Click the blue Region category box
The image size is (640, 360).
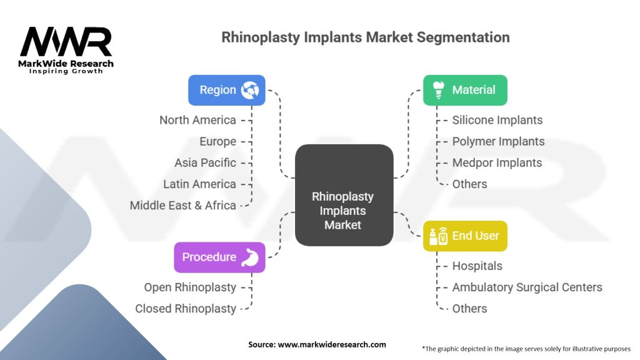point(226,90)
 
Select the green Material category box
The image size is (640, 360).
point(465,90)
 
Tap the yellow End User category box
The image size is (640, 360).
point(465,236)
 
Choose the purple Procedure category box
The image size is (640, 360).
point(219,257)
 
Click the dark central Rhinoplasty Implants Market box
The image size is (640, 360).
point(344,195)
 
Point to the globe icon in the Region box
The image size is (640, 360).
point(250,90)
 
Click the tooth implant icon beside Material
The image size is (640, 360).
point(438,90)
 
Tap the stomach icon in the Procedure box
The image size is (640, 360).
point(250,257)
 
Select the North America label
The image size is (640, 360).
point(197,120)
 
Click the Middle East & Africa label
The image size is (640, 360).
point(183,205)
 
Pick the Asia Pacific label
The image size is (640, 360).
point(205,163)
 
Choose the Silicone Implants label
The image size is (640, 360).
point(497,120)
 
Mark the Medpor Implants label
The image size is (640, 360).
point(497,163)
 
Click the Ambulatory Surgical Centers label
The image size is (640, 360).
point(527,287)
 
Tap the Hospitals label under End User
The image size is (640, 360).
point(477,266)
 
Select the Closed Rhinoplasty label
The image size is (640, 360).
point(186,309)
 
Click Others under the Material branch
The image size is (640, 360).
point(469,184)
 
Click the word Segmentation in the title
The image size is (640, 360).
point(463,37)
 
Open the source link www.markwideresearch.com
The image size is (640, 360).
point(332,344)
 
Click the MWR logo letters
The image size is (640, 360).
point(66,41)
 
